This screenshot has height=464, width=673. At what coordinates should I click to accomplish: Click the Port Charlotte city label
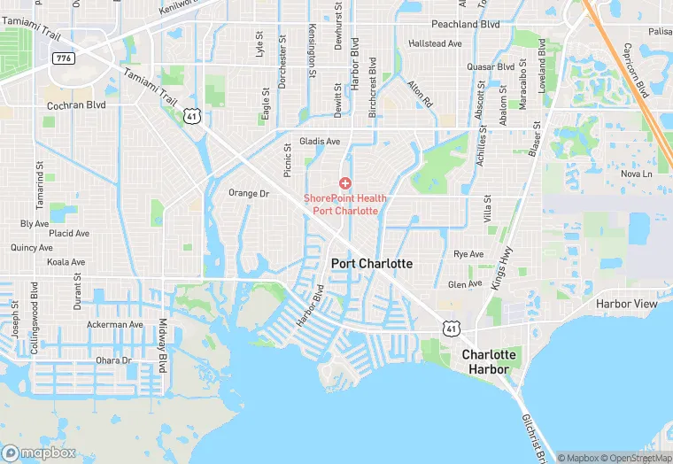pyautogui.click(x=372, y=264)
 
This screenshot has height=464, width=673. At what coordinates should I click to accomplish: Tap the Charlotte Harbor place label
pyautogui.click(x=489, y=361)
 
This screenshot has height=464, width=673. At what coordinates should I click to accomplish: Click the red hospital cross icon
pyautogui.click(x=344, y=182)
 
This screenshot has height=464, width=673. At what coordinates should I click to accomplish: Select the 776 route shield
pyautogui.click(x=64, y=58)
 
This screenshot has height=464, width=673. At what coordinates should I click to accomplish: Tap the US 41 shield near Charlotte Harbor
pyautogui.click(x=453, y=328)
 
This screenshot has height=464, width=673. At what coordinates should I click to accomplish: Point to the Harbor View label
pyautogui.click(x=627, y=304)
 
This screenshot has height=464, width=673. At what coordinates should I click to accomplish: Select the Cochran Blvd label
pyautogui.click(x=76, y=104)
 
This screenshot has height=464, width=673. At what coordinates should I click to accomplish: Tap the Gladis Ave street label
pyautogui.click(x=320, y=142)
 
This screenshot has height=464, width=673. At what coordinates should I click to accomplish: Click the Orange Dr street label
pyautogui.click(x=248, y=193)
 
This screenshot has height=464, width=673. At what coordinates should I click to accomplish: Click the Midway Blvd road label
pyautogui.click(x=163, y=345)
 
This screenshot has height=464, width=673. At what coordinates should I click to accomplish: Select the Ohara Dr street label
pyautogui.click(x=113, y=360)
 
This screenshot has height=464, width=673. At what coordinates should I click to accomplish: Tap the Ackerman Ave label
pyautogui.click(x=114, y=325)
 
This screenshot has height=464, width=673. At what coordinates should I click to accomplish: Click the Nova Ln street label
pyautogui.click(x=636, y=174)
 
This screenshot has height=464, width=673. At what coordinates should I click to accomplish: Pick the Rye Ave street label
pyautogui.click(x=468, y=254)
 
